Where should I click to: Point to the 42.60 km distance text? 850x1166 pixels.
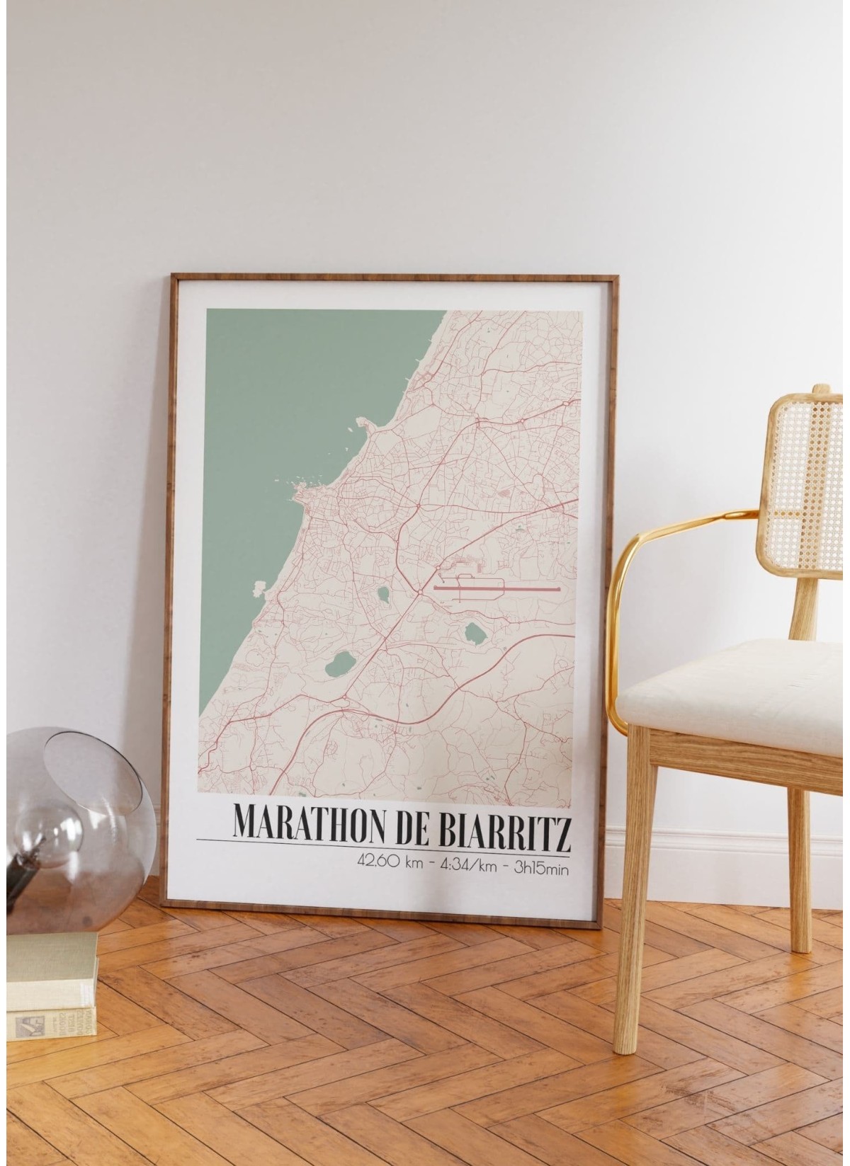tap(386, 861)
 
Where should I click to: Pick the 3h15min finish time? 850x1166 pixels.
tap(540, 861)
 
